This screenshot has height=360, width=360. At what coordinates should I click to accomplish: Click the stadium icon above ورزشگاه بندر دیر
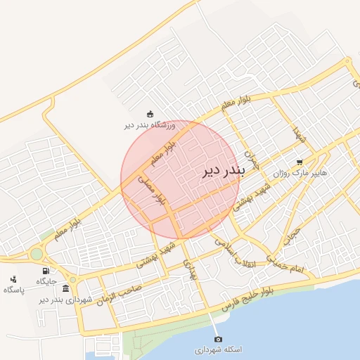point(149,114)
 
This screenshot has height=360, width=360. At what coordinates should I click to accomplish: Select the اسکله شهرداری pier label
point(217,349)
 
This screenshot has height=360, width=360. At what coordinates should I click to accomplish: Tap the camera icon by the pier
point(217,340)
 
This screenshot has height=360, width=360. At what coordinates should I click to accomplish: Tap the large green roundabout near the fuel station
point(36,254)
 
